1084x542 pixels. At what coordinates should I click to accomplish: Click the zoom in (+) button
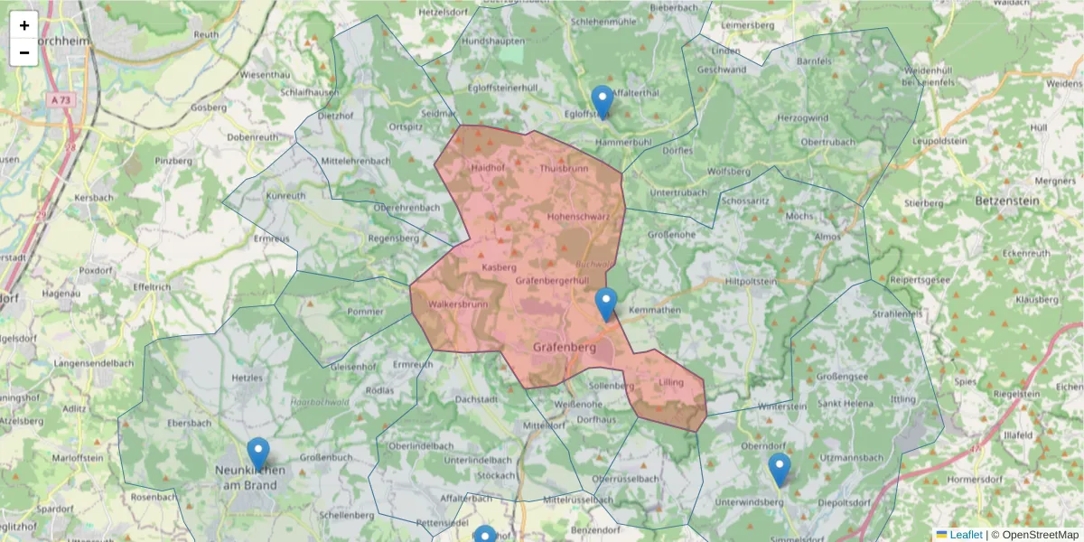point(23,25)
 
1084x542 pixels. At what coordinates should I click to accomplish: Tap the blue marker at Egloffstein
point(602,102)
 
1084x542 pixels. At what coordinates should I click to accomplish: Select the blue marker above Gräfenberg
point(606,304)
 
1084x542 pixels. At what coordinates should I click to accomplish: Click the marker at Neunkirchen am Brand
point(258,454)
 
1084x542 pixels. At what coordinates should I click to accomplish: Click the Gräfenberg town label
point(565,347)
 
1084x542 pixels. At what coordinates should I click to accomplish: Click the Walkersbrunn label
point(459,304)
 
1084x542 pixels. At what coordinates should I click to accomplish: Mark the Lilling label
point(672,382)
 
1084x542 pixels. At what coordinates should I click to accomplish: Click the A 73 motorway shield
point(61,100)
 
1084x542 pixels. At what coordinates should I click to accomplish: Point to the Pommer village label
point(366,312)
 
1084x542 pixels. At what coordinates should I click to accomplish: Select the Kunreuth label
point(285,195)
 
